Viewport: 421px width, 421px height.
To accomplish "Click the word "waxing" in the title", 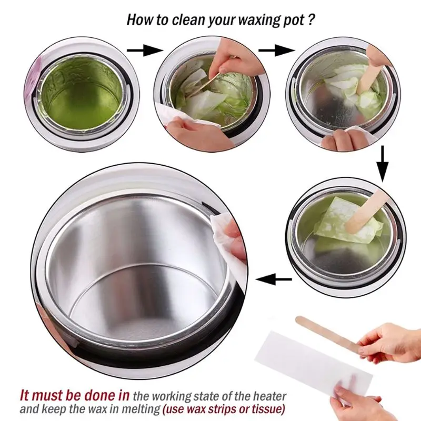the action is pyautogui.click(x=255, y=19).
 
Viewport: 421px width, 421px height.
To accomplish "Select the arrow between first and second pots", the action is pyautogui.click(x=145, y=51).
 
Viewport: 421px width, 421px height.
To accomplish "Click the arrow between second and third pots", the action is pyautogui.click(x=277, y=51).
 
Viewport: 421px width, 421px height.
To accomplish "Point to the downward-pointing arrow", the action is pyautogui.click(x=383, y=164).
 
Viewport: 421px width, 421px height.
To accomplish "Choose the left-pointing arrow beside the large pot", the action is pyautogui.click(x=274, y=279).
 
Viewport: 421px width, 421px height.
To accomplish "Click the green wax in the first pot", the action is pyautogui.click(x=81, y=94).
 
